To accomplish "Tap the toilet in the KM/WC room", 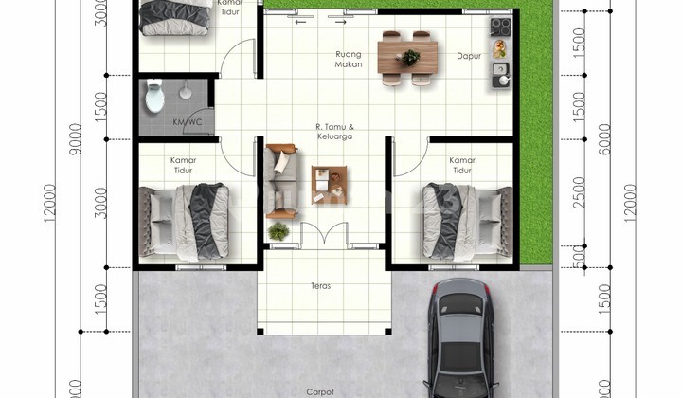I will (153, 95).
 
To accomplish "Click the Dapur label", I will (469, 56).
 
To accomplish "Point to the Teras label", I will (320, 284).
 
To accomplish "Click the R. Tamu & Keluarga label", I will (335, 131).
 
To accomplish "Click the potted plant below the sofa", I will (278, 230).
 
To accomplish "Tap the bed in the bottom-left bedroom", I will (186, 220).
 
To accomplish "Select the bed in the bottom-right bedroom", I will (464, 220).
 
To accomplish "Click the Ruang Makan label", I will (349, 60).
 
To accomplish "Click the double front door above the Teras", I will (320, 234).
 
